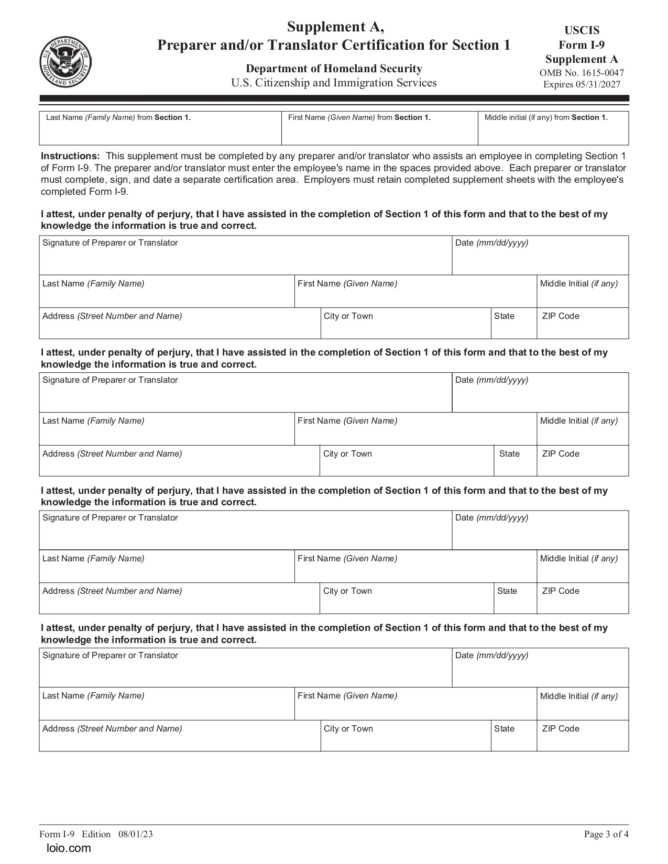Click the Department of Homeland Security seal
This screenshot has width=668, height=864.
point(65,62)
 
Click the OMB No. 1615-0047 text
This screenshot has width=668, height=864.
point(582,73)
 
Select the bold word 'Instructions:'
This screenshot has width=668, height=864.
point(70,156)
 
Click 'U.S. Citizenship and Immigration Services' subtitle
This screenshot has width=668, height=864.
point(334,83)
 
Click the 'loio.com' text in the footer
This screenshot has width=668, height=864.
point(69,848)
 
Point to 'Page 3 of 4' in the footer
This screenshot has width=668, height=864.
point(606,834)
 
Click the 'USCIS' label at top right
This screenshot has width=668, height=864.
point(582,30)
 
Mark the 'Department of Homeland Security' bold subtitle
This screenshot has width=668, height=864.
point(334,69)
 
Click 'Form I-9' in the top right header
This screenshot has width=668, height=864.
point(582,45)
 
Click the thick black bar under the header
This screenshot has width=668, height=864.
point(334,98)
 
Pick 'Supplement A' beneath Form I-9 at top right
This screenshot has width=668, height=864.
point(582,59)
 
